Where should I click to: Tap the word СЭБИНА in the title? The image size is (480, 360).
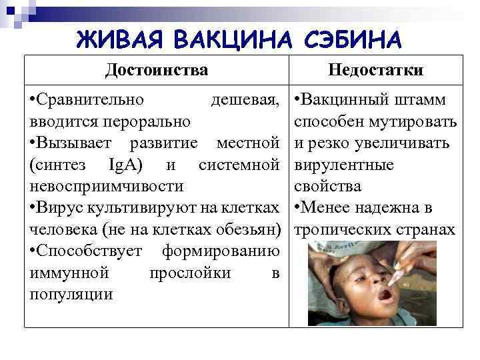pyautogui.click(x=353, y=39)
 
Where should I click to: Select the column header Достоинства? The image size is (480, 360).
pyautogui.click(x=157, y=70)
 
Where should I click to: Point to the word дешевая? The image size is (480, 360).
pyautogui.click(x=244, y=101)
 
